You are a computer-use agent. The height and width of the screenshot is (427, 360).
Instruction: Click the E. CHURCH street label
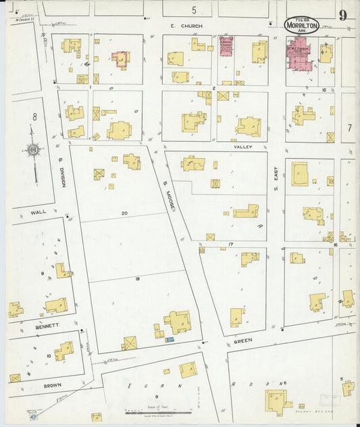point(182,26)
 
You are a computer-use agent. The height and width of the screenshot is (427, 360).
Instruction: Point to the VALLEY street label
point(243,146)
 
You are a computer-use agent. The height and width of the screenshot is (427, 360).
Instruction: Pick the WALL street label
point(38,211)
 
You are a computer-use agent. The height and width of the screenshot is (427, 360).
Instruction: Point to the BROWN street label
point(53,384)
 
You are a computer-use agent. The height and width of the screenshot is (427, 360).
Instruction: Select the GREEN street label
point(243,341)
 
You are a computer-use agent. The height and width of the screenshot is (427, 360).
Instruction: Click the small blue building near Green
point(170,339)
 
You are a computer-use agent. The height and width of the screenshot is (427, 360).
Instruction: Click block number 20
point(124,213)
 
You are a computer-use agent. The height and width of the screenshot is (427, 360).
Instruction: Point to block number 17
point(230,243)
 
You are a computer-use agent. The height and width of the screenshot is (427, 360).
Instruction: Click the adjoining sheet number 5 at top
point(194,9)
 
